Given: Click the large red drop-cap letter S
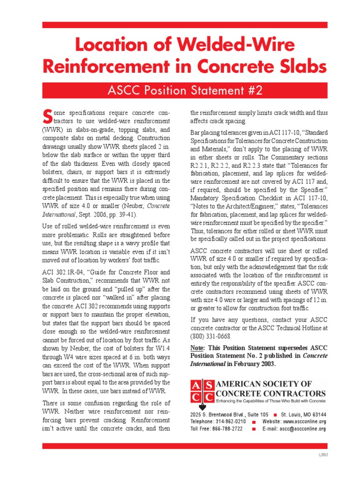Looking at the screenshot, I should click(x=47, y=115).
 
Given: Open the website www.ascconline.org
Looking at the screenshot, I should click(x=304, y=421).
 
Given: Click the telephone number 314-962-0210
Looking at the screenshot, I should click(x=227, y=421).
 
